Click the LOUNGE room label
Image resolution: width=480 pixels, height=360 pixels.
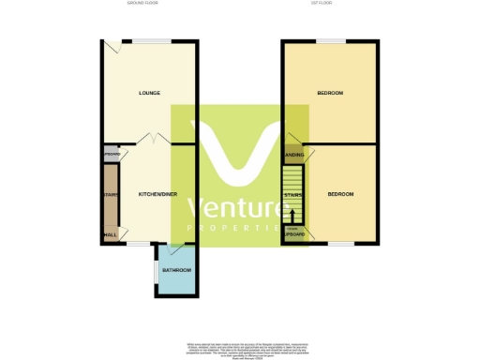coord(149,93)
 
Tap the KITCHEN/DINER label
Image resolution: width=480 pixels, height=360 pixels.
coord(157,194)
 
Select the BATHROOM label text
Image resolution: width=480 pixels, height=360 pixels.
coord(176,270)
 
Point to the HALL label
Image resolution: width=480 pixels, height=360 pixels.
coord(111,235)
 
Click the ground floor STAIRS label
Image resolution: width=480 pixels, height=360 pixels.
coord(110,195)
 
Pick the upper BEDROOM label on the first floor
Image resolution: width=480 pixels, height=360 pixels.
coord(329,93)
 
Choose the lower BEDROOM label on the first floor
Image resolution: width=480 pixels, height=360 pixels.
coord(340,194)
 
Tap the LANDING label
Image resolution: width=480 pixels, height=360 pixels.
coord(292,155)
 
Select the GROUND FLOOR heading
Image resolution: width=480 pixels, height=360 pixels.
coord(142,4)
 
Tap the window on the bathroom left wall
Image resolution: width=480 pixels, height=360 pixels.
coord(156,271)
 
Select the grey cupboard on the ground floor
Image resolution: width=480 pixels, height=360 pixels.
coord(111,154)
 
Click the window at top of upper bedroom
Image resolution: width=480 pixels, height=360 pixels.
coord(330,41)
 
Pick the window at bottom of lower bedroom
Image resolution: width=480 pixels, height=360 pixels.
coord(340,244)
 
